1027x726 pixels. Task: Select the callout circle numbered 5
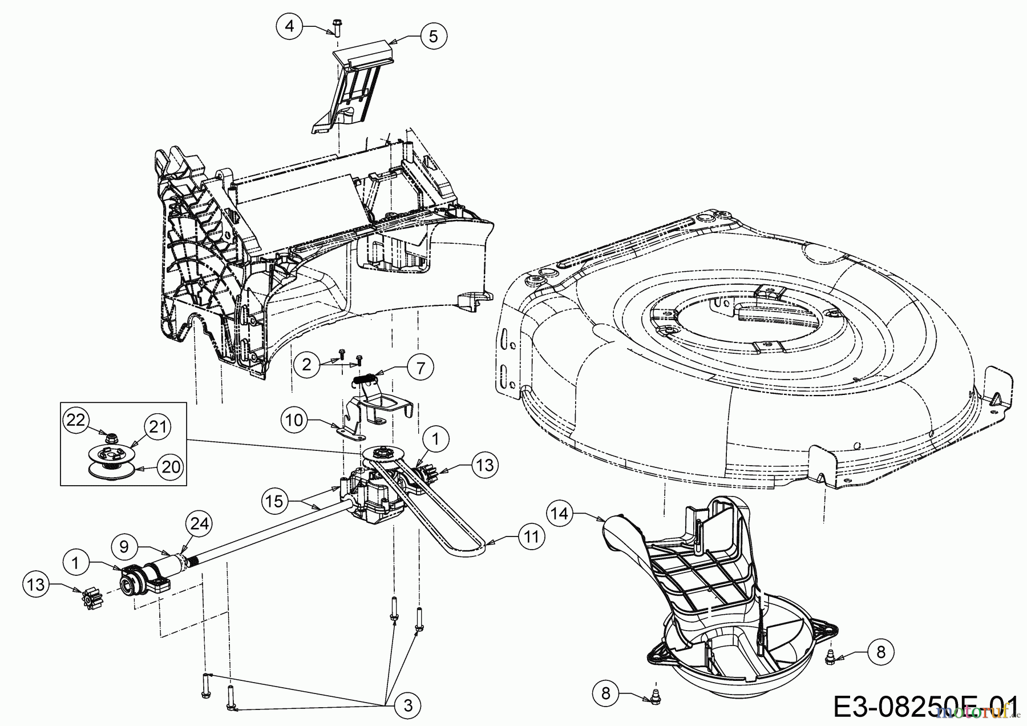click(x=433, y=37)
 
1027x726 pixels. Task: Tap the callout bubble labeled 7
click(x=420, y=368)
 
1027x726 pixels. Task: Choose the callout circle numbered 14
click(x=561, y=514)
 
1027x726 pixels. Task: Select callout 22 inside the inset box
click(x=76, y=420)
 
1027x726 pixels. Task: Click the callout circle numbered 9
click(x=126, y=546)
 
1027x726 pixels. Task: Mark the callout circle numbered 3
click(x=407, y=705)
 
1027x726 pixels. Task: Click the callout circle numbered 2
click(x=308, y=364)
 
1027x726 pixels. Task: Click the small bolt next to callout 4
click(x=336, y=27)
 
